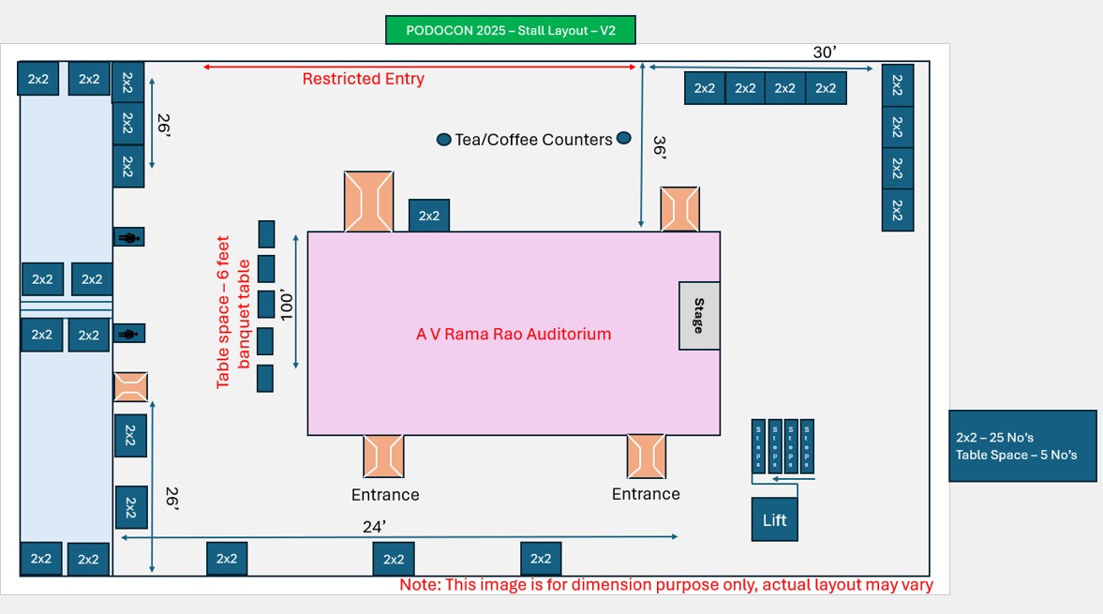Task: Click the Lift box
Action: click(x=775, y=519)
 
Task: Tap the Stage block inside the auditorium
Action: click(x=699, y=316)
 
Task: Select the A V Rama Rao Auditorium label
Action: click(x=514, y=334)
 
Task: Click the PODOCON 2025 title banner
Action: click(x=511, y=30)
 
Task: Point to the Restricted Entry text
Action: click(x=363, y=79)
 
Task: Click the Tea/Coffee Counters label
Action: click(x=533, y=140)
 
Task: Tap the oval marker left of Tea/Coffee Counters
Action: click(x=444, y=140)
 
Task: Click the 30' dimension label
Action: click(x=824, y=52)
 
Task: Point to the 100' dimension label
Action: click(x=288, y=305)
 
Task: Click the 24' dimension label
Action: click(x=374, y=528)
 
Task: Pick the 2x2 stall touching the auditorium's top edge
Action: click(x=429, y=216)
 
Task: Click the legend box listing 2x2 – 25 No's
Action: click(x=1022, y=446)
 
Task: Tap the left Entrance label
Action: click(x=385, y=495)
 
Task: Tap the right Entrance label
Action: click(x=646, y=494)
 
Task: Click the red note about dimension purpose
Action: click(x=666, y=585)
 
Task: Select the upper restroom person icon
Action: click(x=128, y=238)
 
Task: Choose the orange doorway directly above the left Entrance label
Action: click(x=383, y=457)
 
